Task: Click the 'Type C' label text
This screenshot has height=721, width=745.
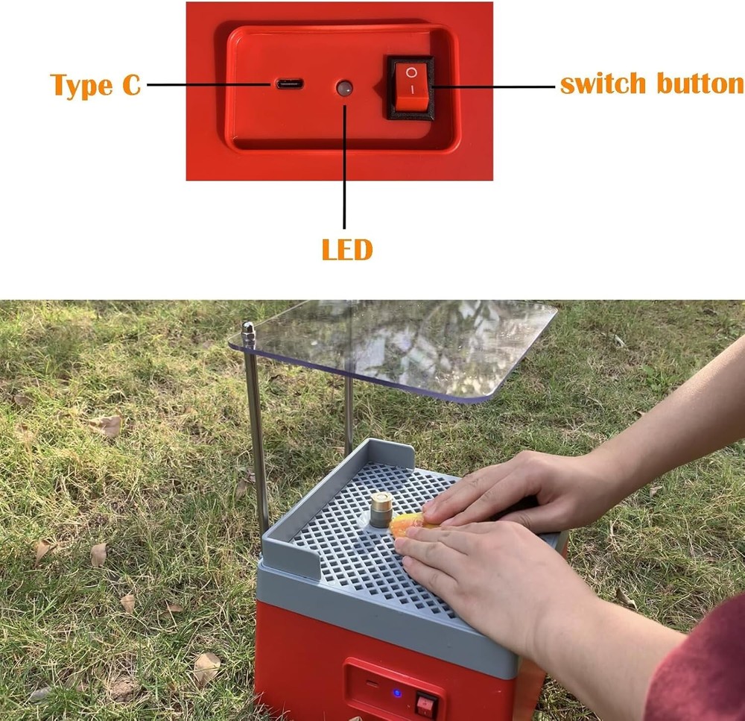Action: (x=95, y=85)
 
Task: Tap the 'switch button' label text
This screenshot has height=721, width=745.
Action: (x=652, y=84)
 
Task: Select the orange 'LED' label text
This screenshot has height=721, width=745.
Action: (x=347, y=249)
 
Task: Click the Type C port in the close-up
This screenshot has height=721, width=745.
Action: (x=290, y=84)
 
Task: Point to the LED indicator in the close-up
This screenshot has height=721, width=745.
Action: (x=344, y=88)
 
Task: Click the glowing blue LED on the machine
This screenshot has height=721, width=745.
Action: (x=398, y=693)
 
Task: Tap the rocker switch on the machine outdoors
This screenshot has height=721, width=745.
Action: (x=427, y=704)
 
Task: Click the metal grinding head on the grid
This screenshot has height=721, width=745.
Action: (x=381, y=509)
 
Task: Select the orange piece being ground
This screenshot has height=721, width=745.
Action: (x=411, y=525)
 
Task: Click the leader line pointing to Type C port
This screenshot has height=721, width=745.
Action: (x=209, y=85)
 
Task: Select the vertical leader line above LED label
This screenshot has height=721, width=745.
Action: (x=344, y=166)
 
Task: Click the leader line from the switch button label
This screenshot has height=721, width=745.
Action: (x=493, y=86)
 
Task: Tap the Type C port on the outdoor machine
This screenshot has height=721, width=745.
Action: (x=372, y=684)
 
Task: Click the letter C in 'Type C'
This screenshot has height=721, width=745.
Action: (x=131, y=85)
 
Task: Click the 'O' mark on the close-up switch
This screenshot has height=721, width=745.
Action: (x=411, y=72)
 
